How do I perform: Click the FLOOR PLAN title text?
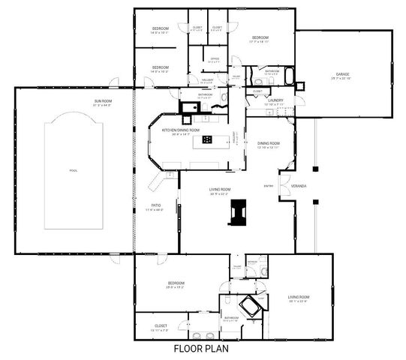(200, 348)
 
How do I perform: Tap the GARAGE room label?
(342, 75)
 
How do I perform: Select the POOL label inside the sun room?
(73, 170)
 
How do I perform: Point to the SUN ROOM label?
(103, 100)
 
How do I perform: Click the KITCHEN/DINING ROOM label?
(181, 130)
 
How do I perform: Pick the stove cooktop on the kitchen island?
(207, 139)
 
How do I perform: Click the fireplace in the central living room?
(240, 212)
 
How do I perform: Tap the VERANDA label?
(299, 185)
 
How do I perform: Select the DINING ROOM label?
(268, 143)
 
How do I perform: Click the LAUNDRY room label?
(274, 100)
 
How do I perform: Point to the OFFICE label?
(214, 58)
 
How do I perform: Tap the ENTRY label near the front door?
(268, 185)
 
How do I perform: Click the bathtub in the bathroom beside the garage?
(288, 73)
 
